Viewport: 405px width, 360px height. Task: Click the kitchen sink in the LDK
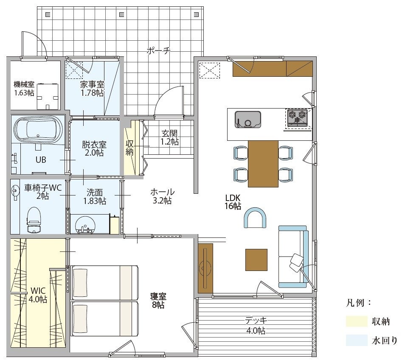(x=247, y=120)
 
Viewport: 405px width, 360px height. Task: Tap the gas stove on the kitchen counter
(x=298, y=118)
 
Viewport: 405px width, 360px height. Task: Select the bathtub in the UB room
(x=38, y=131)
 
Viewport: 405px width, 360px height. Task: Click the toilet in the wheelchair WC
(x=34, y=220)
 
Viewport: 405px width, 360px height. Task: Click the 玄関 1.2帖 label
(x=170, y=137)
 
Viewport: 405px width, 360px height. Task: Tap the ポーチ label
(x=159, y=50)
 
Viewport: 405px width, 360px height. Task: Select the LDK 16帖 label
(x=233, y=202)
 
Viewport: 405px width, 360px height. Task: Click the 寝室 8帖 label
(x=158, y=301)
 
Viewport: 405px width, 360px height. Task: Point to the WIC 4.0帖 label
(x=38, y=295)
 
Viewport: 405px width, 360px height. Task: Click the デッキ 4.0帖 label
(x=256, y=326)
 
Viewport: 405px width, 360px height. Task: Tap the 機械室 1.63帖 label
(x=24, y=89)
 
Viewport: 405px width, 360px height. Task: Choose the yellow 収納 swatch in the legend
(x=357, y=321)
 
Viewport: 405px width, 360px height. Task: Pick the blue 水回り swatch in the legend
(x=357, y=340)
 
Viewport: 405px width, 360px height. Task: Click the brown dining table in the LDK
(x=263, y=164)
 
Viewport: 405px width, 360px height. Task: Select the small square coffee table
(x=256, y=260)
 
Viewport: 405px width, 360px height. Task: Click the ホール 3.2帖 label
(x=162, y=196)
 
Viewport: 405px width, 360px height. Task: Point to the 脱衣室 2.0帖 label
(x=94, y=148)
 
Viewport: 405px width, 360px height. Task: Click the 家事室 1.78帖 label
(x=92, y=89)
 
